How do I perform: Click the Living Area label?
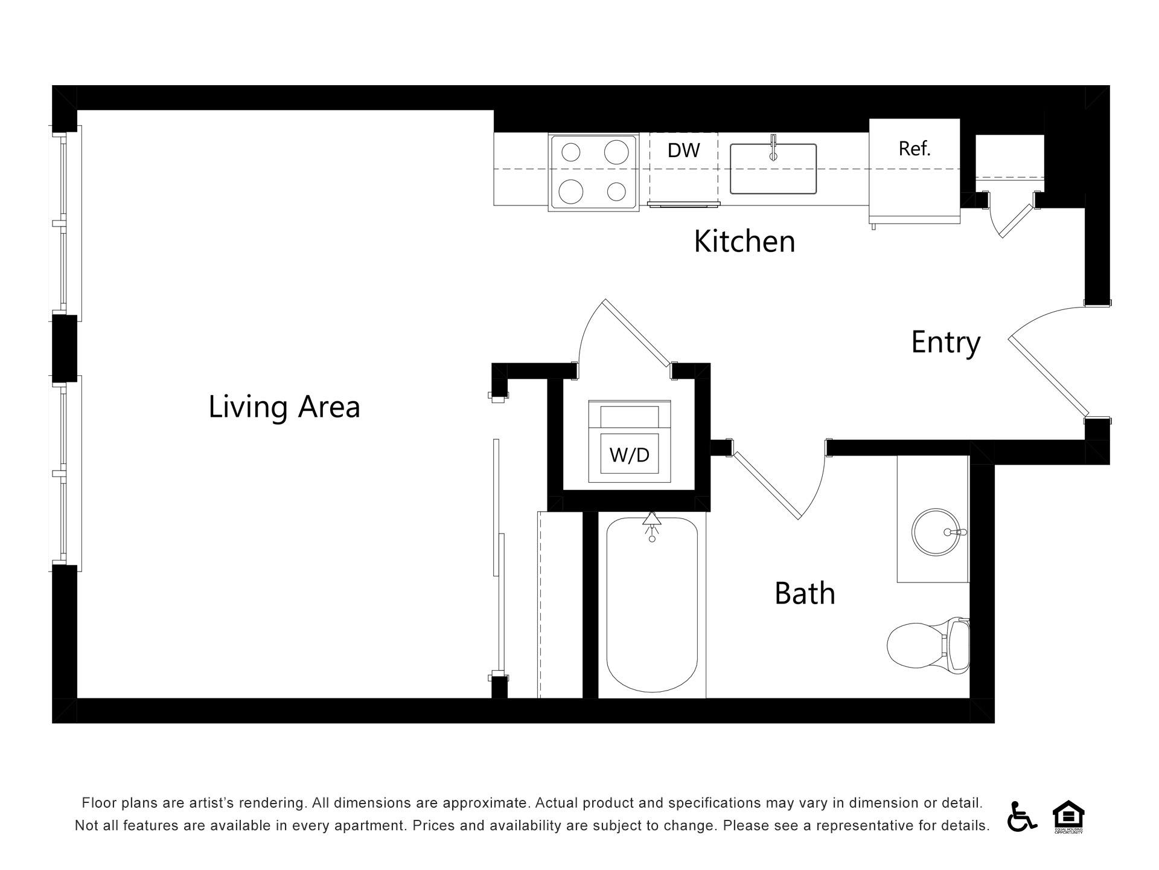284,407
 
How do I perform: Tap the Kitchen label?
744,241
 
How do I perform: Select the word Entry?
945,343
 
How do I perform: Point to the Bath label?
805,593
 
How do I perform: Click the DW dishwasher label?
683,150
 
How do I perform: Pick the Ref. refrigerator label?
915,149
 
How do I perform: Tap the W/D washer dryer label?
629,454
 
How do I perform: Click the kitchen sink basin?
773,169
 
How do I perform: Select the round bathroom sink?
936,532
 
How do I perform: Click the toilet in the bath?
928,645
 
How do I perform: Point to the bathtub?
652,605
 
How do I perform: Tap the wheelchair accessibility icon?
1021,816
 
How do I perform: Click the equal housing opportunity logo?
1068,817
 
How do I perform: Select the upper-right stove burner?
616,152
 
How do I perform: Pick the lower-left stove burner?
570,192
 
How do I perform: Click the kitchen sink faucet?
773,149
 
